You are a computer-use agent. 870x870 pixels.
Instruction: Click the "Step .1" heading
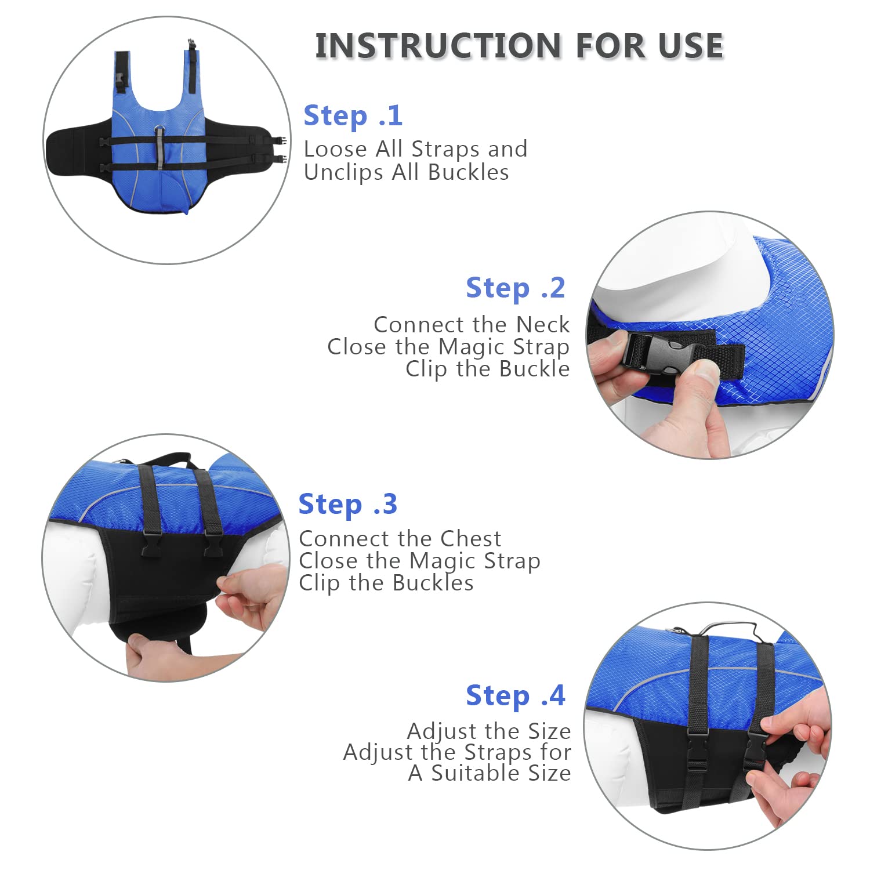pos(353,115)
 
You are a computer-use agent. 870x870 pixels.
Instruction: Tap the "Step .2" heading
pos(515,288)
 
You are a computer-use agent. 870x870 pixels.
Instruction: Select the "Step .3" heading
pos(347,504)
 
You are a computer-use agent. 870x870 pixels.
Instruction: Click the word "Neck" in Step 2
pos(543,324)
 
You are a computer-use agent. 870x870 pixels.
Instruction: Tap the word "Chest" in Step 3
pos(470,539)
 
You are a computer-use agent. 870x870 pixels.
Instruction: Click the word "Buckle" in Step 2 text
pos(534,369)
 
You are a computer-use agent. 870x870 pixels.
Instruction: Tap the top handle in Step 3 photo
pos(165,459)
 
